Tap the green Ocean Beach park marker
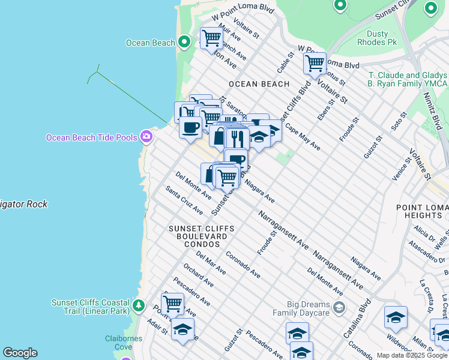(x=185, y=43)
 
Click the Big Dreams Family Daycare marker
(x=339, y=308)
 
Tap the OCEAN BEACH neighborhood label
(x=259, y=84)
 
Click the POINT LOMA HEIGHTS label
(x=419, y=211)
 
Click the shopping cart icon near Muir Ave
(x=211, y=38)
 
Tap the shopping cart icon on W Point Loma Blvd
(x=315, y=62)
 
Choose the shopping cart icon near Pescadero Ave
(x=172, y=303)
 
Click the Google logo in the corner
(x=20, y=353)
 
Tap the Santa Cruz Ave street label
(x=184, y=200)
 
